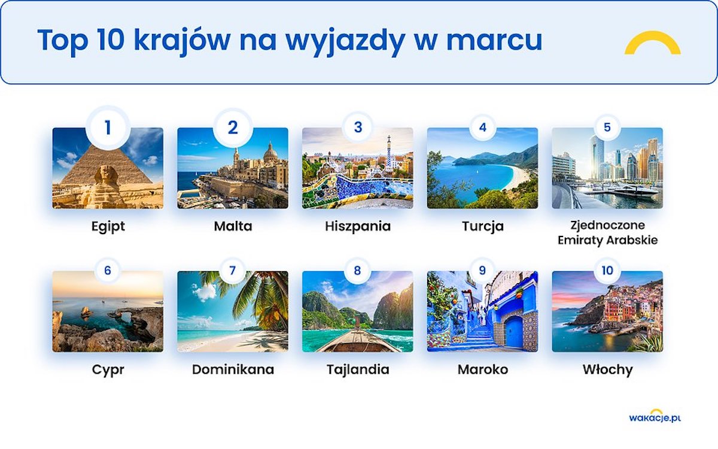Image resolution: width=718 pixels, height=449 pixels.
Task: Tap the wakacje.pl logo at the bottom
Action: coord(655,416)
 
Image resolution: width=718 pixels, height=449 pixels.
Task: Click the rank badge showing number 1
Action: coord(108,128)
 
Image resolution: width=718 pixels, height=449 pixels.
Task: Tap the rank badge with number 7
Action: coord(233,271)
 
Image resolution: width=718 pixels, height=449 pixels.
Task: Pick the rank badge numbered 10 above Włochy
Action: coord(607,271)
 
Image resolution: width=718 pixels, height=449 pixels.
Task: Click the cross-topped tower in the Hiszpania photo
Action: coord(389,154)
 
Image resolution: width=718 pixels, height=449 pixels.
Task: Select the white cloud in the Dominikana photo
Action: coord(204,292)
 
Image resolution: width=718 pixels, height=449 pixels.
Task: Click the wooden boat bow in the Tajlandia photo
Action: coord(358,341)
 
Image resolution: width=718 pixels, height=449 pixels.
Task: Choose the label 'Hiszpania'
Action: coord(358,226)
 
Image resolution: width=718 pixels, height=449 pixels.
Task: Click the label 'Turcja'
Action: coord(483,226)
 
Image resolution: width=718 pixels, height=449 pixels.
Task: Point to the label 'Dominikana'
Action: coord(233,369)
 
